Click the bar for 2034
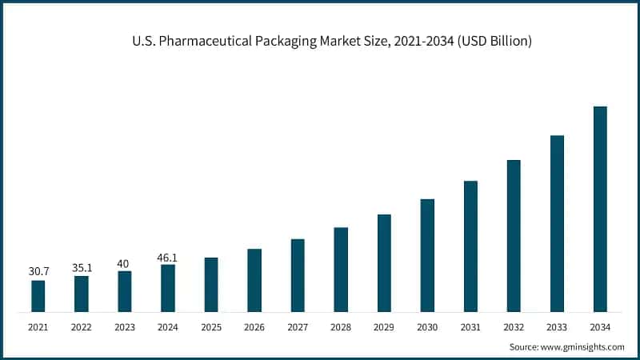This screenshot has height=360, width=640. [600, 209]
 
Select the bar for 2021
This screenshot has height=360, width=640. [38, 296]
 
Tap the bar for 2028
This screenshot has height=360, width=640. [341, 270]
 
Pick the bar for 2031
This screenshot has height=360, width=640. [470, 246]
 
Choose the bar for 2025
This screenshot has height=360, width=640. [211, 284]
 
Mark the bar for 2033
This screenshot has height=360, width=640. [557, 223]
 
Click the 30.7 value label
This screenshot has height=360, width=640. [38, 272]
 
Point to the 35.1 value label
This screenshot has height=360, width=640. [82, 268]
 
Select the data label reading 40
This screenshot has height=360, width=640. [125, 263]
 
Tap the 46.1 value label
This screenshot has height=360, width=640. [168, 258]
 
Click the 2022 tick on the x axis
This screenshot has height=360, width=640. [82, 327]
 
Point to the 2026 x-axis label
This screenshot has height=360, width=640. [254, 327]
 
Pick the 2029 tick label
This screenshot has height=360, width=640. [384, 327]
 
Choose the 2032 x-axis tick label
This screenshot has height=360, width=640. [514, 327]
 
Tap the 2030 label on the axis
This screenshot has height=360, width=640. [427, 327]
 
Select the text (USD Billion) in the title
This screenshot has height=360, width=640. [491, 41]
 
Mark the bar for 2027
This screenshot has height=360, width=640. [298, 275]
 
